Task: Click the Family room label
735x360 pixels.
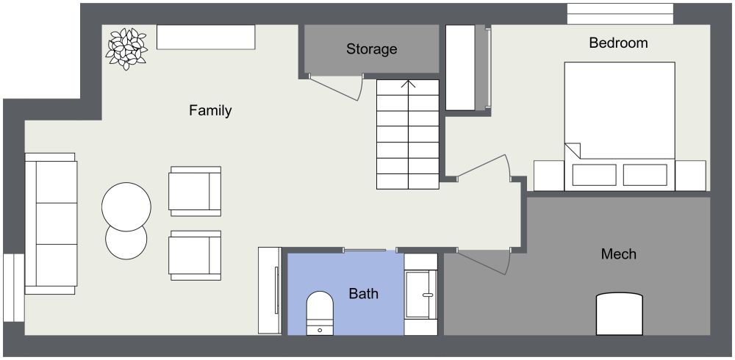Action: [x=210, y=111]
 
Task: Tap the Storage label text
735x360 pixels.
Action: [x=371, y=49]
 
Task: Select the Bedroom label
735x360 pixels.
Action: [x=618, y=43]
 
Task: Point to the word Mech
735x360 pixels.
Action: [x=618, y=254]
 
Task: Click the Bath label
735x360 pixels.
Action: [x=363, y=294]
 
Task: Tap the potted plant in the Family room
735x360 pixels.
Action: [x=126, y=48]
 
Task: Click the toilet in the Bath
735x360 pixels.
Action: [x=320, y=312]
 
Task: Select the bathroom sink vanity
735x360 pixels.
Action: [x=421, y=295]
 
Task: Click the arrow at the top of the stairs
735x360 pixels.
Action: [x=408, y=84]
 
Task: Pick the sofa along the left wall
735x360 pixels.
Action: [x=50, y=223]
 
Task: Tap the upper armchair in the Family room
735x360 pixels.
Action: [x=196, y=191]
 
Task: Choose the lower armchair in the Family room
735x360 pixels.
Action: [x=196, y=256]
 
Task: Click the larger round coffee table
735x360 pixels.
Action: [x=126, y=206]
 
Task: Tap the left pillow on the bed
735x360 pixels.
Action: [x=594, y=175]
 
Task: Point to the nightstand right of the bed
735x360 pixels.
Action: [x=689, y=176]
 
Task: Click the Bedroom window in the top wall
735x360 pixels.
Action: [x=620, y=14]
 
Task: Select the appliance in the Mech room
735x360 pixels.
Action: [x=620, y=314]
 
